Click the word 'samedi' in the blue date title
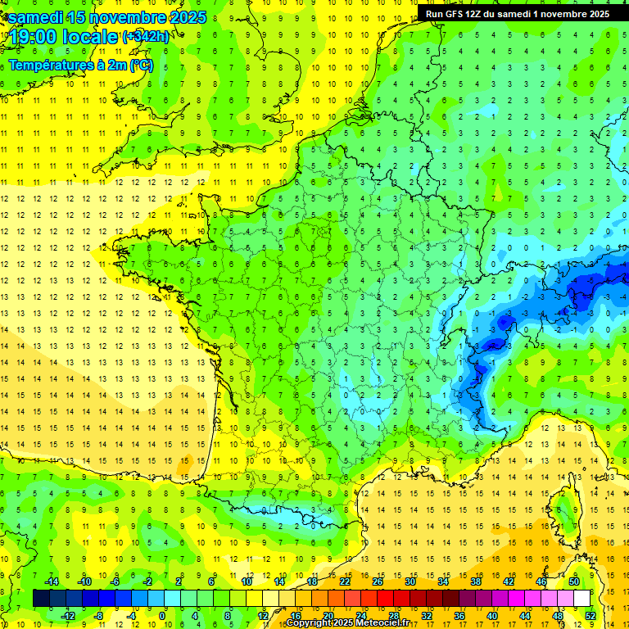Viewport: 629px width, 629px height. (36, 17)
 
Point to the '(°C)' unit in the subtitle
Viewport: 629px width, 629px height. (142, 65)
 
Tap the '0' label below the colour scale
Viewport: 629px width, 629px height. (161, 616)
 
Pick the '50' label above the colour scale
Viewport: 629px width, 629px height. (573, 581)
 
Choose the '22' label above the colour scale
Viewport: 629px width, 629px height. (345, 581)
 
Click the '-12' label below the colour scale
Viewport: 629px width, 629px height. (68, 616)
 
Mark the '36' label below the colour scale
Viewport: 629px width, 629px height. (459, 616)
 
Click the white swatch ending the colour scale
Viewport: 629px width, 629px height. (581, 599)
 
